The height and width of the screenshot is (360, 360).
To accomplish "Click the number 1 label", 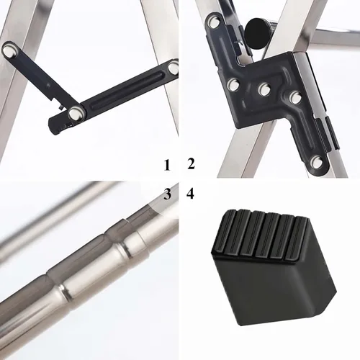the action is tap(167, 166).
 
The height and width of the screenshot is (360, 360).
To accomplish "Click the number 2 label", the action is tap(191, 164).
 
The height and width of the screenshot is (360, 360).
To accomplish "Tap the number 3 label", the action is tap(168, 194).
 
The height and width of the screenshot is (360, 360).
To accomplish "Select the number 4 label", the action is tap(190, 194).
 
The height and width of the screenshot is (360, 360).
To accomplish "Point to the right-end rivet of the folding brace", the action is tap(174, 68).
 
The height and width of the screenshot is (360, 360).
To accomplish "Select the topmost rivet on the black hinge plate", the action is tap(214, 22).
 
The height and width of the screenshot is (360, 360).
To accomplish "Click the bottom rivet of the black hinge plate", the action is tap(317, 162).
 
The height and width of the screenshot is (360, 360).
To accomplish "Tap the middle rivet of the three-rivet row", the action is tap(265, 89).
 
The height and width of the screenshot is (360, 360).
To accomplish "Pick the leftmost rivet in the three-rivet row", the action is tap(233, 85).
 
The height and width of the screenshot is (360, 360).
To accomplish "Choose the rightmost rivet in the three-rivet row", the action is tap(295, 97).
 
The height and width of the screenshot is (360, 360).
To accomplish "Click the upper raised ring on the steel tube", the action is tap(126, 247).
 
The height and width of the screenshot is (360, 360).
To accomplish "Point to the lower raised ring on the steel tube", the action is tap(64, 292).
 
